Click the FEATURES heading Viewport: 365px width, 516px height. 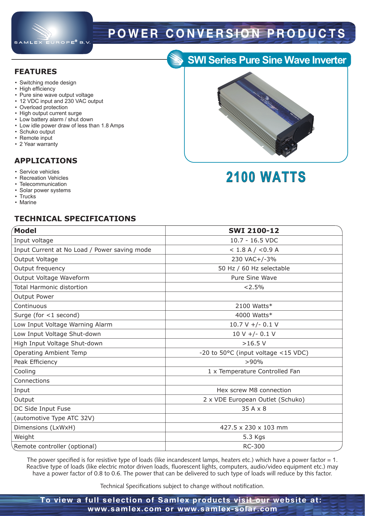(x=36, y=71)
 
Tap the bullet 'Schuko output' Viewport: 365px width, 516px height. (x=37, y=132)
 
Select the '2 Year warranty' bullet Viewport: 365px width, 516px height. (x=39, y=144)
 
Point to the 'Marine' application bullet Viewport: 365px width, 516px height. (x=28, y=202)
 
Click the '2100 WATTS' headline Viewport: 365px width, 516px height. (x=266, y=177)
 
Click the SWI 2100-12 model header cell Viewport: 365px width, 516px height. (x=254, y=231)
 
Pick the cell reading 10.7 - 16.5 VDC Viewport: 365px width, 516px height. (x=254, y=240)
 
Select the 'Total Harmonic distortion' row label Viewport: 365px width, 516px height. (x=51, y=287)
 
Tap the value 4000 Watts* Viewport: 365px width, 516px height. (x=254, y=315)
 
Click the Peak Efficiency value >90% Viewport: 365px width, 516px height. (x=254, y=362)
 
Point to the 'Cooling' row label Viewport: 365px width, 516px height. (x=25, y=371)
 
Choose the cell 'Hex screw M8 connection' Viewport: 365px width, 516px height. (x=254, y=390)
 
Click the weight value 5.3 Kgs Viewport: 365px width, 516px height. (x=254, y=437)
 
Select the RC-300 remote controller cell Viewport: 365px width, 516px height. (x=254, y=446)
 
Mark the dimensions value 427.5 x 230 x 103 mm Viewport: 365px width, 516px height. (x=254, y=427)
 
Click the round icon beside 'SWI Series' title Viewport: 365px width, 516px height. (x=176, y=59)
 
